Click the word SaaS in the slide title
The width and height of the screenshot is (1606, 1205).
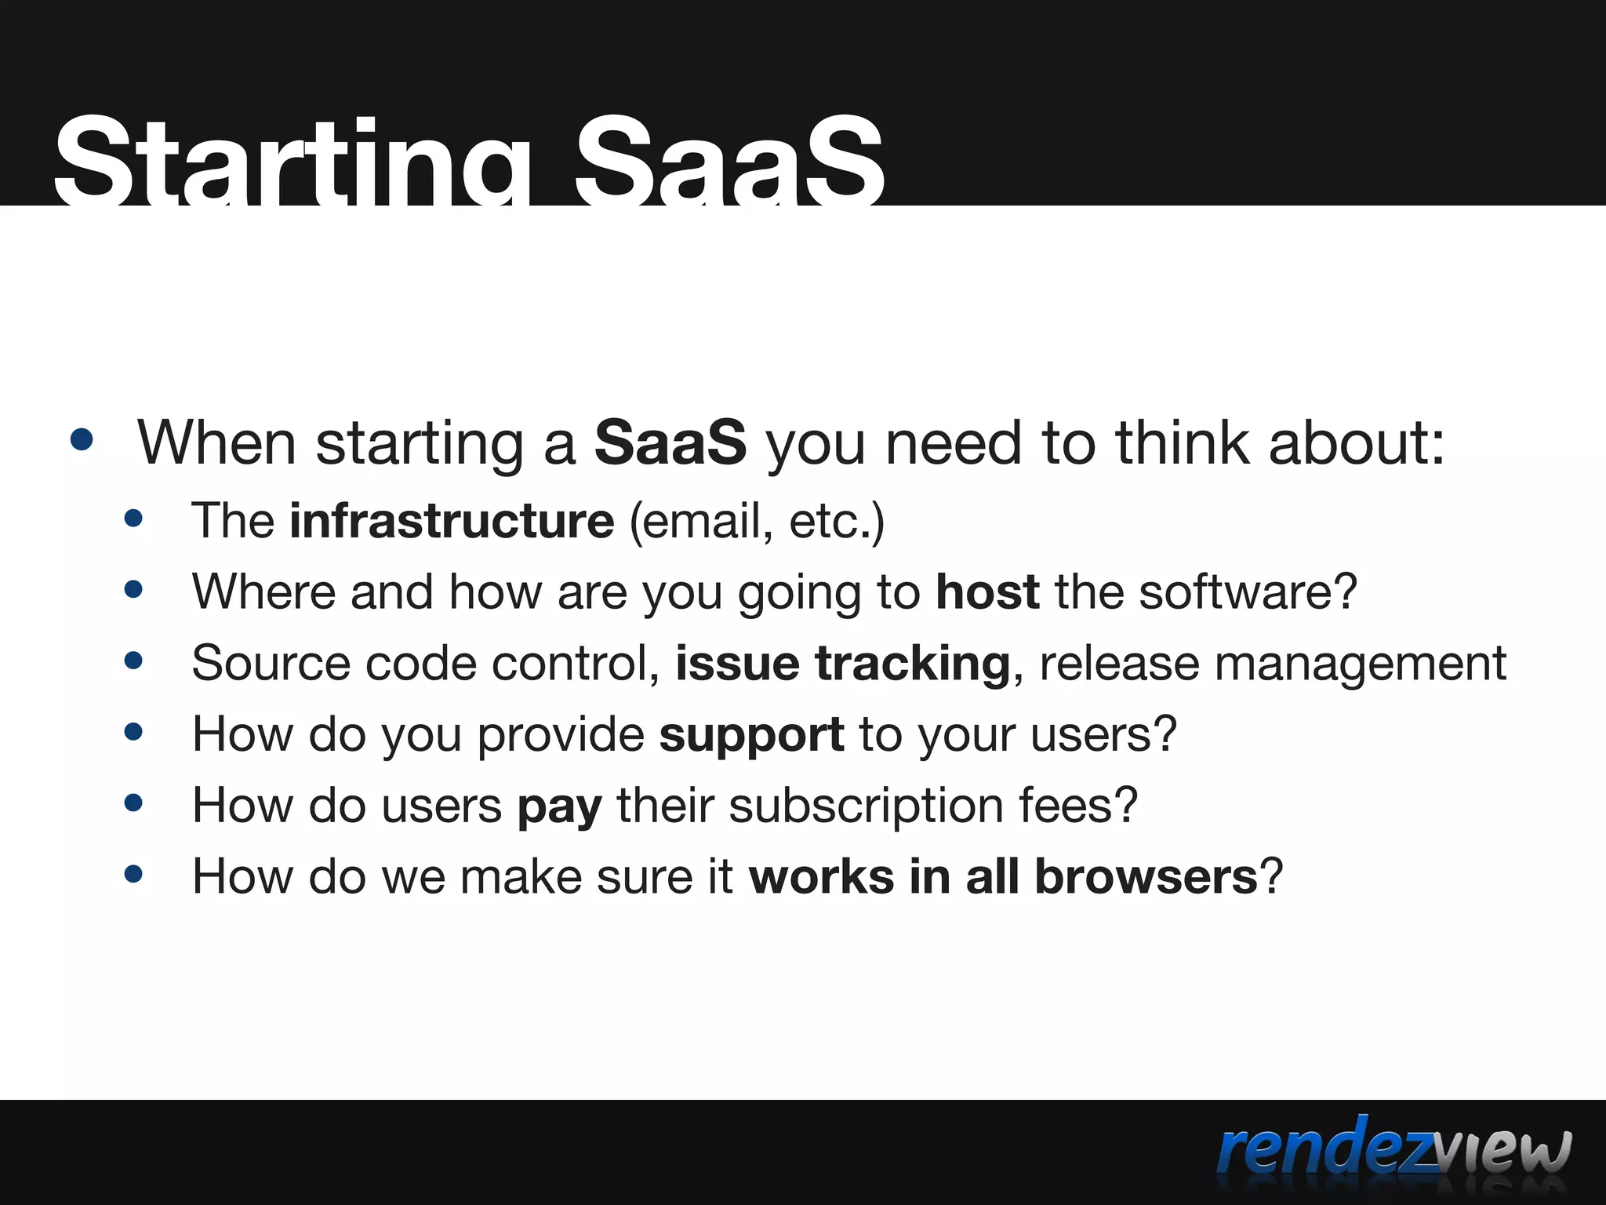coord(729,161)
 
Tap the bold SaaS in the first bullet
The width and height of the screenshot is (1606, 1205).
coord(670,443)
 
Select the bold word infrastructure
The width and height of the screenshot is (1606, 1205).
coord(452,521)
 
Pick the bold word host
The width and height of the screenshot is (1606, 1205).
coord(987,592)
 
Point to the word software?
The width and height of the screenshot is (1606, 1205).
coord(1248,592)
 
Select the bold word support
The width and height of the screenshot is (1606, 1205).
coord(751,735)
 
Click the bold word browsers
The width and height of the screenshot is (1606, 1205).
coord(1146,876)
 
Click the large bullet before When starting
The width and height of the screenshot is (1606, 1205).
coord(82,440)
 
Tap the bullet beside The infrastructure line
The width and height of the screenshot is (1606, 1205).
coord(133,519)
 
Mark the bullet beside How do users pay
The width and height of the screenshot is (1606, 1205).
coord(133,803)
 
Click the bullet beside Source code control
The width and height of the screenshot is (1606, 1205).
coord(133,661)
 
